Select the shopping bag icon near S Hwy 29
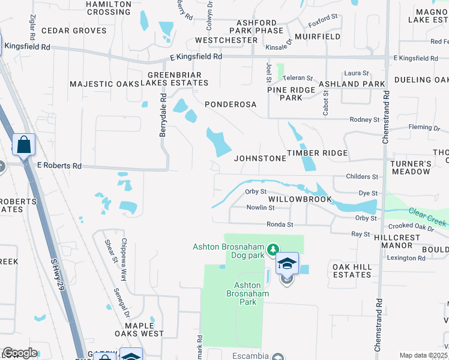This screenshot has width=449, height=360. (x=23, y=145)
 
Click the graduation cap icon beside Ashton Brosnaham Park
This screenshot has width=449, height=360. (x=287, y=263)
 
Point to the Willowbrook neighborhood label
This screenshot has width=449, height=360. (x=300, y=199)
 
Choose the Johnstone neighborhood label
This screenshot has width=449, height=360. (x=260, y=158)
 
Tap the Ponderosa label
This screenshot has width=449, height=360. (x=231, y=104)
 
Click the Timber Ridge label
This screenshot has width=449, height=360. (x=317, y=153)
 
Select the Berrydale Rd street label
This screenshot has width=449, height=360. (x=163, y=115)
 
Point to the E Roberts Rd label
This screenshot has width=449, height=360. (x=59, y=165)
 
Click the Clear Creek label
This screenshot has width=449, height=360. (x=428, y=217)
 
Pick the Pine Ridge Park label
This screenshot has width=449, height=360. (x=292, y=94)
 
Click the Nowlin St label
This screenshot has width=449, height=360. (x=261, y=208)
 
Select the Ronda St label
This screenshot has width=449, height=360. (x=280, y=224)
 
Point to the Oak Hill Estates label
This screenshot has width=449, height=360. (x=352, y=270)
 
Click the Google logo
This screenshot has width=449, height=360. (x=20, y=353)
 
